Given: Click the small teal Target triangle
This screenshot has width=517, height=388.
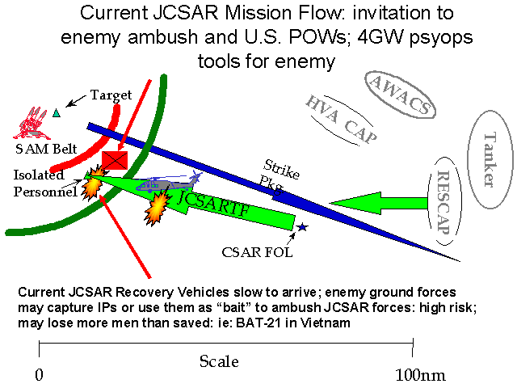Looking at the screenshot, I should [x=56, y=112].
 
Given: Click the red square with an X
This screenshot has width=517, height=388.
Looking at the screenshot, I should [x=115, y=160].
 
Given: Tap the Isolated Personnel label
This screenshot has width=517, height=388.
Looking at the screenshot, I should [x=44, y=183].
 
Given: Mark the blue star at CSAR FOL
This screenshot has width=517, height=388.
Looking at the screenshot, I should [x=302, y=228].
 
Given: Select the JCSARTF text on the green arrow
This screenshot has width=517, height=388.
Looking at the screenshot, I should [x=215, y=202].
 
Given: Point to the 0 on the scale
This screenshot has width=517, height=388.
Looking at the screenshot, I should [x=39, y=376].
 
